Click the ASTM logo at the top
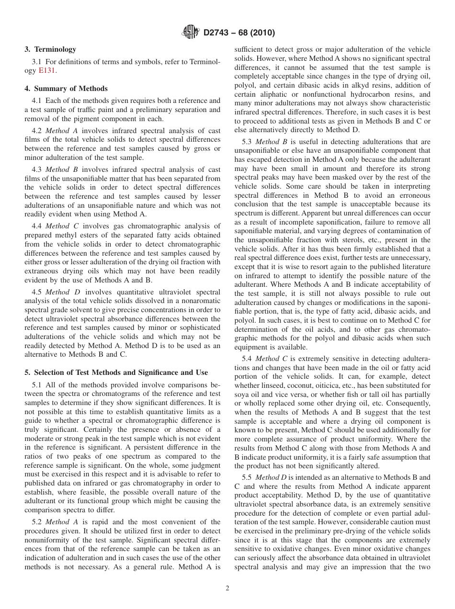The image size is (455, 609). pos(191,33)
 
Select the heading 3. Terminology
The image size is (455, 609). pos(50,49)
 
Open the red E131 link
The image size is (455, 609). pos(47,71)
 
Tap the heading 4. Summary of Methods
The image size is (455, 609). pos(66,89)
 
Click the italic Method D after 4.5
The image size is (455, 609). pos(59,292)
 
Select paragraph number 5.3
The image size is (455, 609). pos(247,142)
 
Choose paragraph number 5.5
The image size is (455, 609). pos(247,477)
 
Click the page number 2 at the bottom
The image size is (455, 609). pos(227,588)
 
